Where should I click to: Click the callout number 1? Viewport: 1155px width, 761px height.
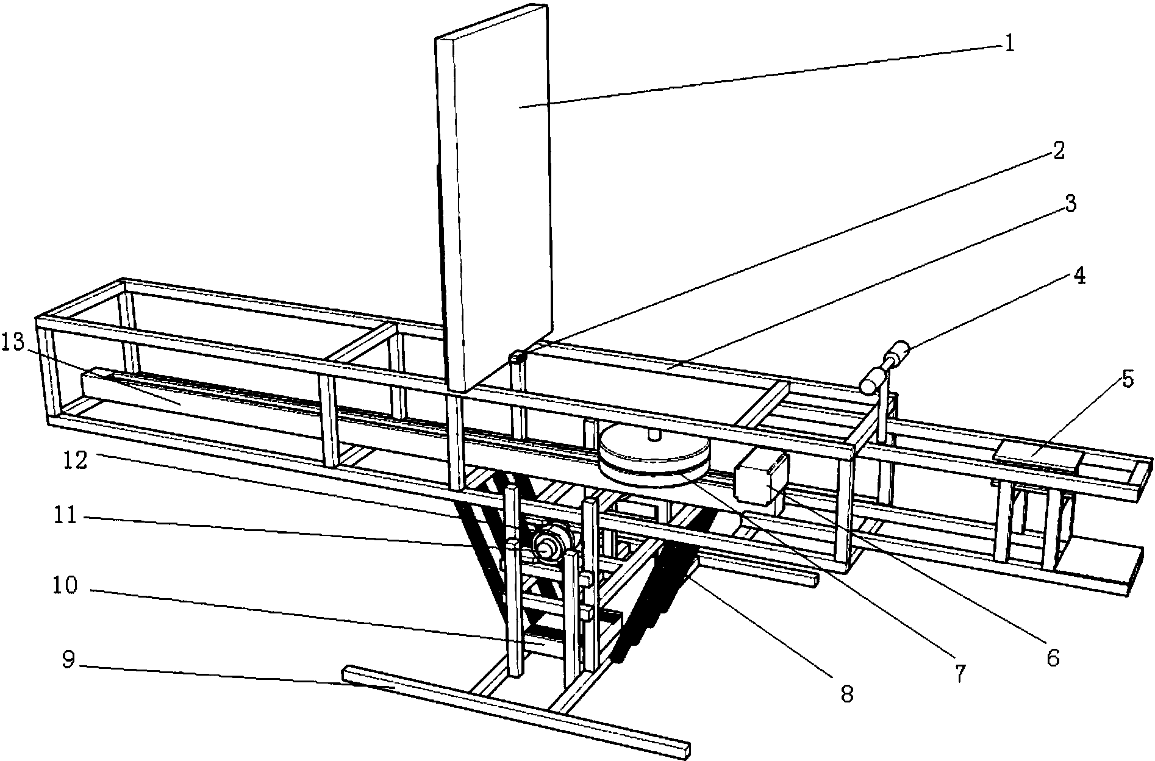[1009, 44]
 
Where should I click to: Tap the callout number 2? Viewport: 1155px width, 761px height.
[1058, 151]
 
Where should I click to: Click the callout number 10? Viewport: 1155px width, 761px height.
[63, 586]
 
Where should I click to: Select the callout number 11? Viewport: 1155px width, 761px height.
[63, 516]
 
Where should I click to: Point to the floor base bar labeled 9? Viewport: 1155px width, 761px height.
[518, 711]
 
